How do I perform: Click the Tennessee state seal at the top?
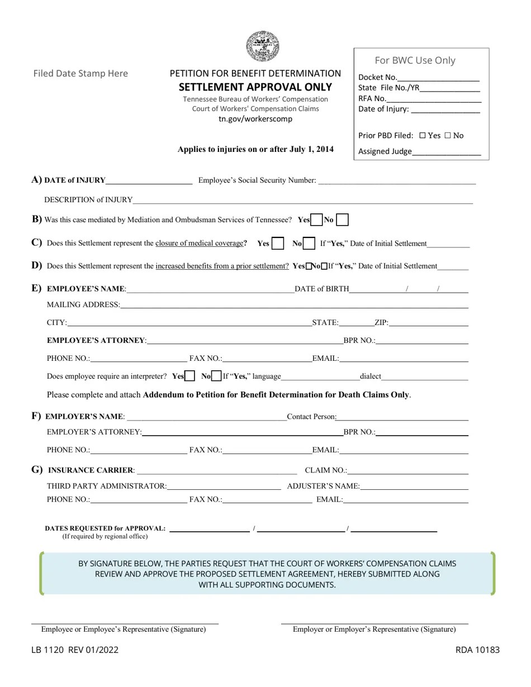coord(263,46)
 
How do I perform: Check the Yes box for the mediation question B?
coord(316,220)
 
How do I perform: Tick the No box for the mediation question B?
coord(343,220)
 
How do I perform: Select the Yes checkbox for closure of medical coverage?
coord(278,244)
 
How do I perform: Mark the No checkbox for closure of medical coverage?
coord(309,244)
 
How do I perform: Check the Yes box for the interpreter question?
coord(189,376)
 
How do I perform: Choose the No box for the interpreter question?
coord(217,376)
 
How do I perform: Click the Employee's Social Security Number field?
coord(397,180)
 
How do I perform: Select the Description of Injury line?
coord(302,199)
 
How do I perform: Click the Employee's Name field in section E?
coord(210,289)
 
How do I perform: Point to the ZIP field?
coord(428,322)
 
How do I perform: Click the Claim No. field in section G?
coord(407,470)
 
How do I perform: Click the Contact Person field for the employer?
coord(402,416)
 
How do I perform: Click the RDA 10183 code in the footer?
coord(477,650)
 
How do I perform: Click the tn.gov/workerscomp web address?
coord(255,119)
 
